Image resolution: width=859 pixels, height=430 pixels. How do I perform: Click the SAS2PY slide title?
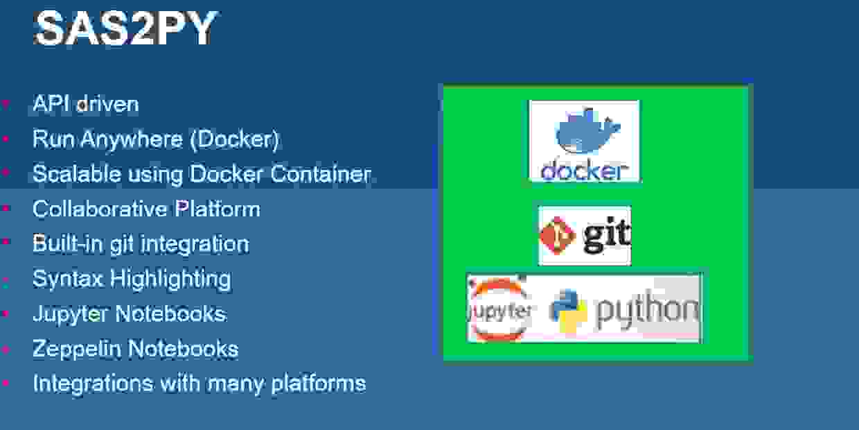click(x=125, y=29)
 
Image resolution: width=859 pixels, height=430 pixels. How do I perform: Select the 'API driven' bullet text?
click(x=86, y=104)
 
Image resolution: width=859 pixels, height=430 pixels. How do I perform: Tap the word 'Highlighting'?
click(x=171, y=279)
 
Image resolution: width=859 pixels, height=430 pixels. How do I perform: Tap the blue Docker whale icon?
click(x=587, y=132)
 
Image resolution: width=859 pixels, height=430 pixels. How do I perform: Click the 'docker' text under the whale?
click(x=585, y=171)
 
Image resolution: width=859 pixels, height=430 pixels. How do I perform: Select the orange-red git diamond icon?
click(x=558, y=236)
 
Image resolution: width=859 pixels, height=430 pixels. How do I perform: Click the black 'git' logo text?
click(x=605, y=236)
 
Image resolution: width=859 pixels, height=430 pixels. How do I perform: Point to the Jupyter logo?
click(x=500, y=309)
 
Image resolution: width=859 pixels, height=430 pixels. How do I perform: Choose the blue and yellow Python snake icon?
click(x=569, y=309)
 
